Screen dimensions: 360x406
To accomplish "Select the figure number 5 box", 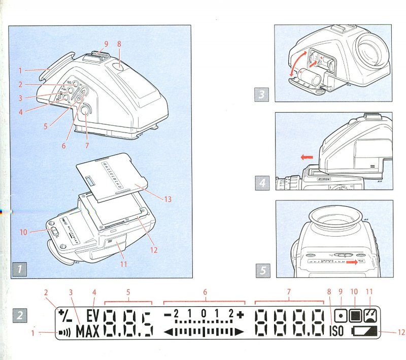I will [x=263, y=270].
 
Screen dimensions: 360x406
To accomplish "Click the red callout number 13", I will [x=167, y=199].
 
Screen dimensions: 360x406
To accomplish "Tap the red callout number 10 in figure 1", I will [x=24, y=232].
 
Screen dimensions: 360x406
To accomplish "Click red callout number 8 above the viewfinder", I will [x=119, y=44].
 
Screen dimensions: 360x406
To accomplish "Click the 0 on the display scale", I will [x=203, y=314].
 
